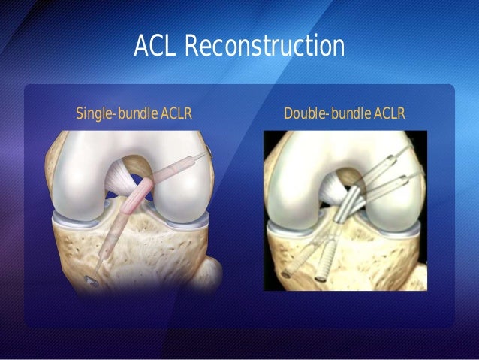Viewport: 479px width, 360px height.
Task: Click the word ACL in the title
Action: tap(155, 47)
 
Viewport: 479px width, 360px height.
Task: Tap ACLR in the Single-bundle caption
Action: tap(172, 114)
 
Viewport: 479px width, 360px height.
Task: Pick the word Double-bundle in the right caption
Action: tap(325, 114)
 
